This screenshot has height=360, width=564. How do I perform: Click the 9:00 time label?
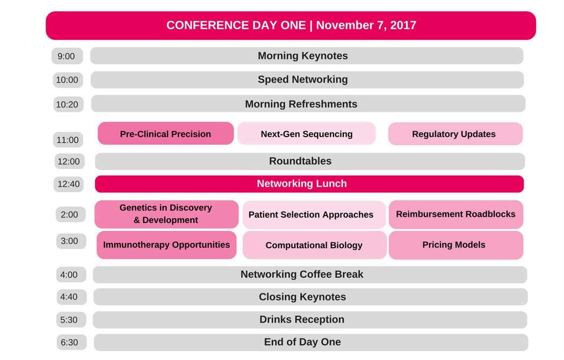[x=67, y=56]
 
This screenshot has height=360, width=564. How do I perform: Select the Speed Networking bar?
[x=307, y=80]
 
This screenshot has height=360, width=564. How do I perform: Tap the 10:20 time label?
[x=68, y=104]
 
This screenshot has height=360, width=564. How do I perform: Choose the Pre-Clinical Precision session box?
[x=166, y=133]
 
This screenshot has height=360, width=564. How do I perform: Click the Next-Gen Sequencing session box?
[x=307, y=133]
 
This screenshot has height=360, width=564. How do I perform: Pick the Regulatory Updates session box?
[x=455, y=134]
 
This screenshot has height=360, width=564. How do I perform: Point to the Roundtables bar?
[x=310, y=162]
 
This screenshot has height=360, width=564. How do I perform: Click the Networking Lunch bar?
[x=309, y=184]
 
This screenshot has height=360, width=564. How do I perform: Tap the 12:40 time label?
[x=69, y=184]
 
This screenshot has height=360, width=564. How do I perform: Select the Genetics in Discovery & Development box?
[x=167, y=214]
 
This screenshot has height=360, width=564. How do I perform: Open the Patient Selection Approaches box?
[x=314, y=215]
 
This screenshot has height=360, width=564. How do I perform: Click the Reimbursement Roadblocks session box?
[x=456, y=214]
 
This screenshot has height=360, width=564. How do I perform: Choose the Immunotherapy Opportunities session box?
[x=167, y=245]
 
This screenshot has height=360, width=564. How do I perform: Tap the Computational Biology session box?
[x=315, y=245]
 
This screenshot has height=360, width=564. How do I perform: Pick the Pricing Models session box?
[x=456, y=245]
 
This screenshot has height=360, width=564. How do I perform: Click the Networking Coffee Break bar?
[x=310, y=275]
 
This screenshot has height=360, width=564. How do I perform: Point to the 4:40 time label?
[x=71, y=297]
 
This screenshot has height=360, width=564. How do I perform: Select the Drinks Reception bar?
[x=310, y=320]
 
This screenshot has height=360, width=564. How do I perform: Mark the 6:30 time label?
[x=72, y=342]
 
